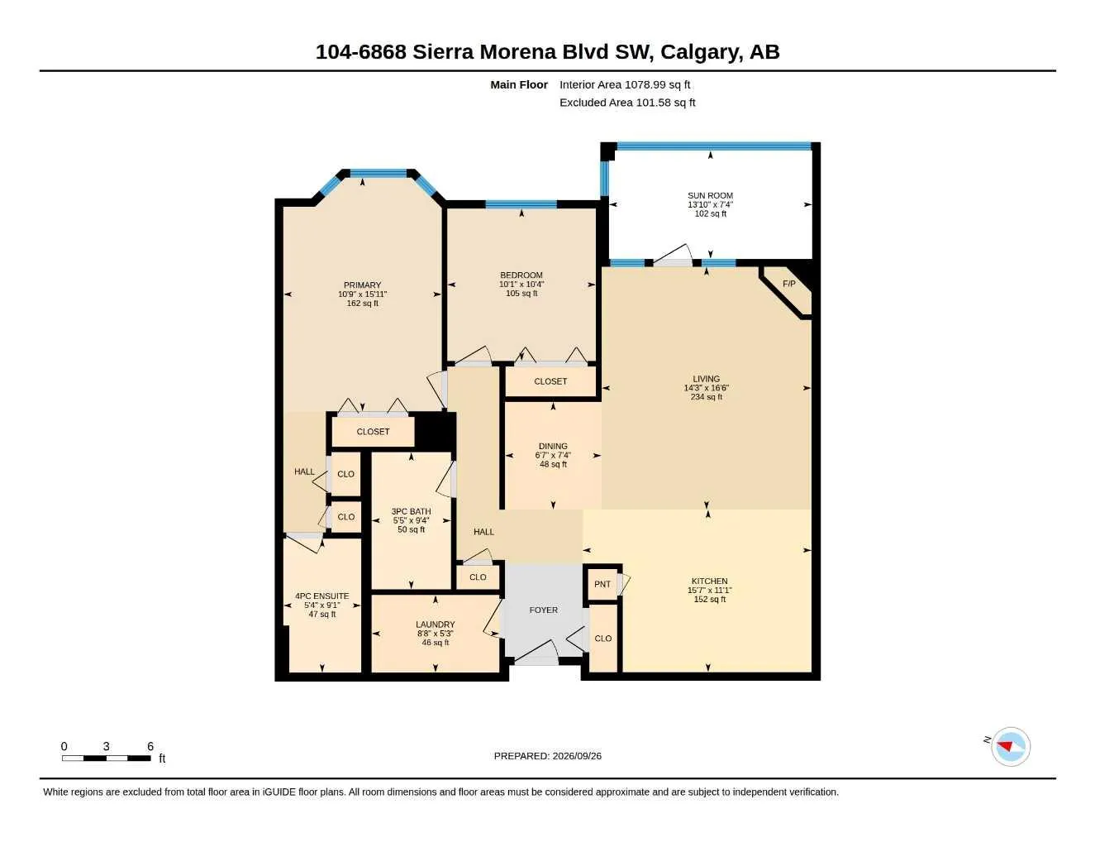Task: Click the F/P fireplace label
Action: tap(788, 284)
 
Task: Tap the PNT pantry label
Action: tap(602, 584)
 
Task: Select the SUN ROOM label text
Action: tap(710, 195)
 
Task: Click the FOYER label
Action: tap(543, 610)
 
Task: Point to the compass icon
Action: tap(1011, 746)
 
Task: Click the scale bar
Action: tap(107, 758)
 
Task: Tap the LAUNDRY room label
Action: tap(436, 624)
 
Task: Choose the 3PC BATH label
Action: tap(412, 511)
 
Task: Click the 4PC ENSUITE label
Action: tap(322, 596)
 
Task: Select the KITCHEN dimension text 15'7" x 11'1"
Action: tap(710, 590)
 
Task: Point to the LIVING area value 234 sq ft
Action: tap(706, 397)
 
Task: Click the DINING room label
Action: tap(553, 446)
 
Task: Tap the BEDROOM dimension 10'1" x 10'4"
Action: tap(521, 285)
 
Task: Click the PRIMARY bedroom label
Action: tap(362, 285)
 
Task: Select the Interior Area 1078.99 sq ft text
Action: tap(625, 84)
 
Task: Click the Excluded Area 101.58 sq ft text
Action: tap(627, 103)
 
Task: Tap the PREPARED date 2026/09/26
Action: tap(577, 756)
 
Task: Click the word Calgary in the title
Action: tap(702, 52)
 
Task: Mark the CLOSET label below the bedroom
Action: tap(550, 381)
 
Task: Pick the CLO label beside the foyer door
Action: tap(602, 639)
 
